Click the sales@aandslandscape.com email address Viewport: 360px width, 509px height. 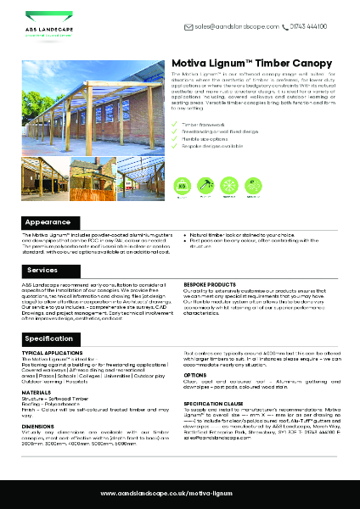[x=238, y=26]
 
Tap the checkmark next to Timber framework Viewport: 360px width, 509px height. [x=175, y=124]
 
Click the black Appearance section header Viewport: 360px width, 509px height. [x=46, y=221]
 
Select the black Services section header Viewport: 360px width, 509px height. [x=42, y=270]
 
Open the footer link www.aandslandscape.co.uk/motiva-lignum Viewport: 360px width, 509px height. [x=180, y=493]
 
